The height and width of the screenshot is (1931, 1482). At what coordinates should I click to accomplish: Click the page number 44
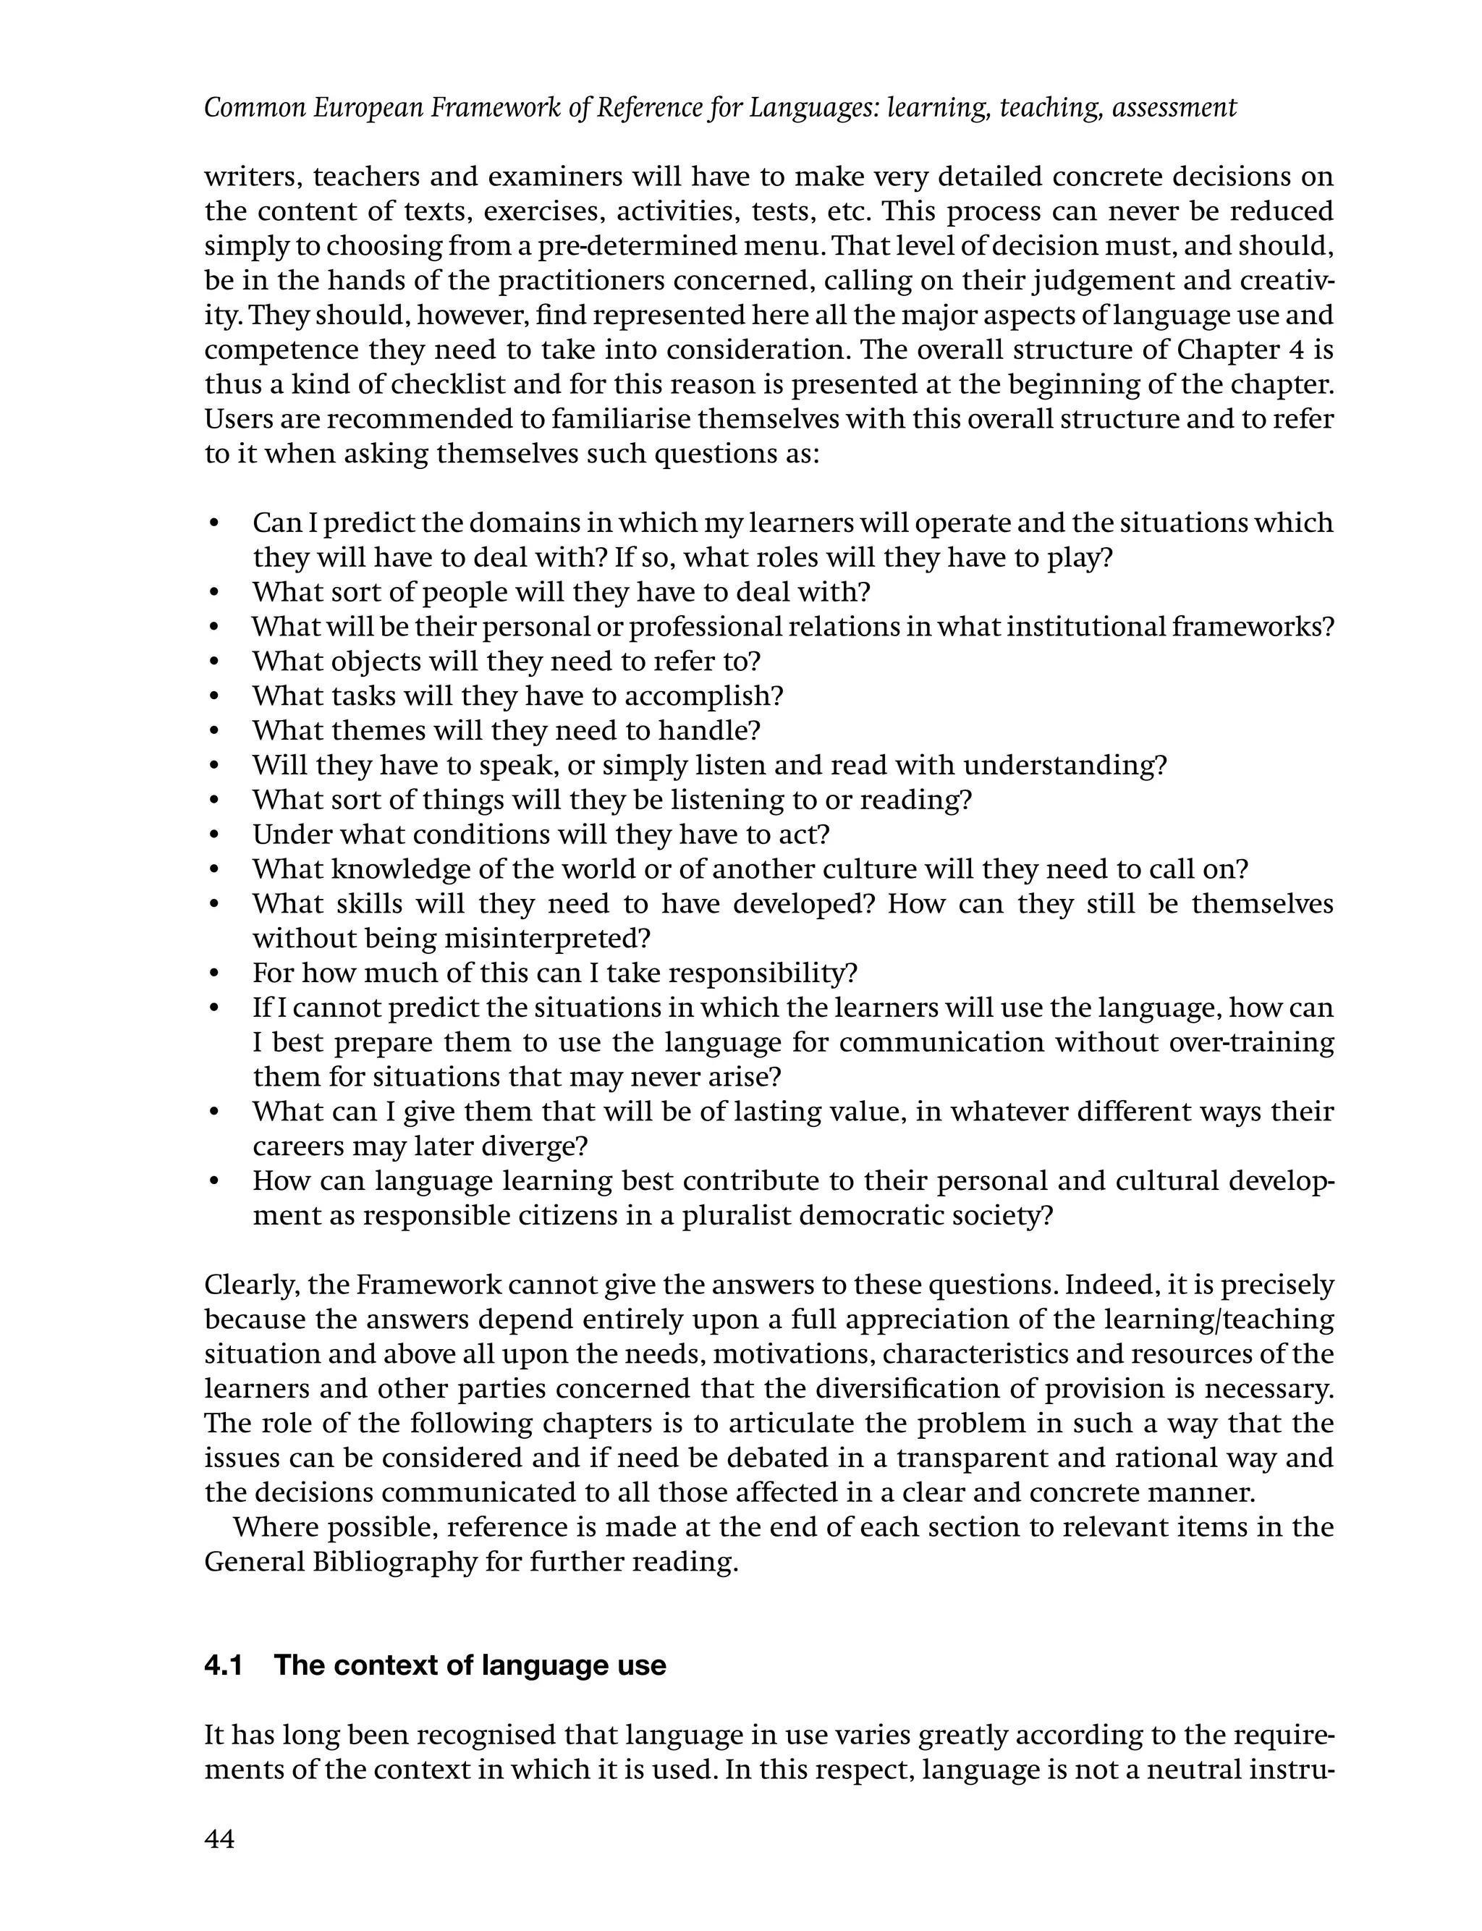[x=219, y=1839]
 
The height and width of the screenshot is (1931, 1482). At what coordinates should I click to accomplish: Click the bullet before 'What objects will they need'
[x=214, y=662]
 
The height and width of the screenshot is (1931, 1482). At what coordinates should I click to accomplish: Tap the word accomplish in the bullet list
[x=703, y=696]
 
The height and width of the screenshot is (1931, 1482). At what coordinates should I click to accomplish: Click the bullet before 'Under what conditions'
[x=214, y=834]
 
